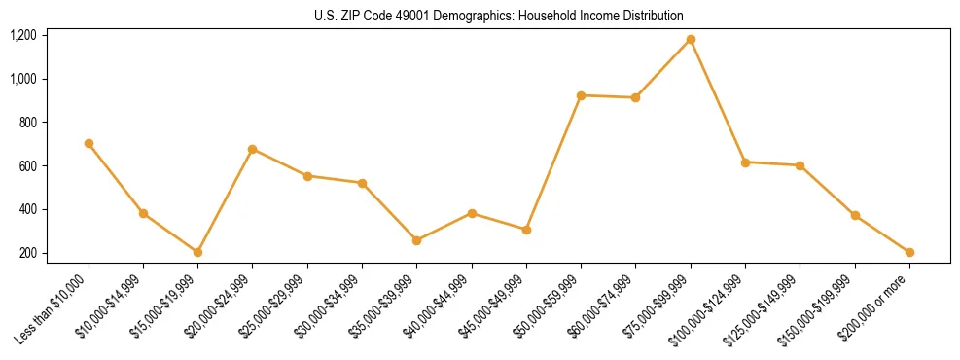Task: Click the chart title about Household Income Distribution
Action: [x=499, y=16]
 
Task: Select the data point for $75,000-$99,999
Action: [x=691, y=40]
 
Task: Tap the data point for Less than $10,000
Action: [x=89, y=143]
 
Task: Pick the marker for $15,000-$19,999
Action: [x=197, y=252]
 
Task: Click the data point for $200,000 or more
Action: [x=909, y=252]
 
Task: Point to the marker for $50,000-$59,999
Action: [x=581, y=95]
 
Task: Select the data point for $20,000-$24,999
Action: [x=252, y=149]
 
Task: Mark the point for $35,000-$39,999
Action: [x=416, y=240]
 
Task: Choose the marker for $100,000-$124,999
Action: [x=745, y=162]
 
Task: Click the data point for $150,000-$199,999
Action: [x=855, y=215]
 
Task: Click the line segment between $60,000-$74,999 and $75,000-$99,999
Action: [x=663, y=69]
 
